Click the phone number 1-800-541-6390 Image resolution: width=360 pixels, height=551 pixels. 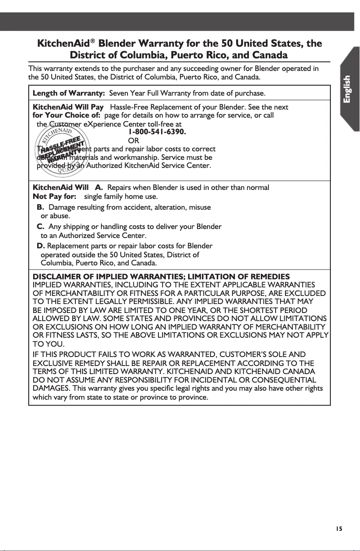[157, 132]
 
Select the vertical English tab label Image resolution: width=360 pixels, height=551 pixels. [350, 89]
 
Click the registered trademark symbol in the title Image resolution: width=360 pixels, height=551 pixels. [93, 42]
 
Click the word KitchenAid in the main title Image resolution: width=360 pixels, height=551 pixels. [63, 44]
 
